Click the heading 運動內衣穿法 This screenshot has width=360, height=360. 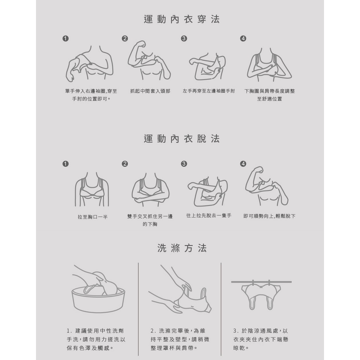181,19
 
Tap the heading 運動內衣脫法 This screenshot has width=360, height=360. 181,139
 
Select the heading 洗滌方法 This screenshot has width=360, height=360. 182,248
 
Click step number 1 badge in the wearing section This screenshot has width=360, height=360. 66,39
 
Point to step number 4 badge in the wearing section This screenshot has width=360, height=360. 243,39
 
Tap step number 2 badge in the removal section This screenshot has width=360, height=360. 125,164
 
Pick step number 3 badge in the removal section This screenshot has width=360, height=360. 184,164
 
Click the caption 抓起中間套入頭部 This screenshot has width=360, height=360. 150,91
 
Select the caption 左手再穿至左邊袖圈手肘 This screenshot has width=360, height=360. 209,91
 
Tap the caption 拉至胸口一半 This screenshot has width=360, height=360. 93,217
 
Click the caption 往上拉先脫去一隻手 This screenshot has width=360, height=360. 209,216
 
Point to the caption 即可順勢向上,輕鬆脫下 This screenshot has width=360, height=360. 269,216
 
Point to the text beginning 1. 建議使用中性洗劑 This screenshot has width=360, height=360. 96,339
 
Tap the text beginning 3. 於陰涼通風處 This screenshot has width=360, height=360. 261,339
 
